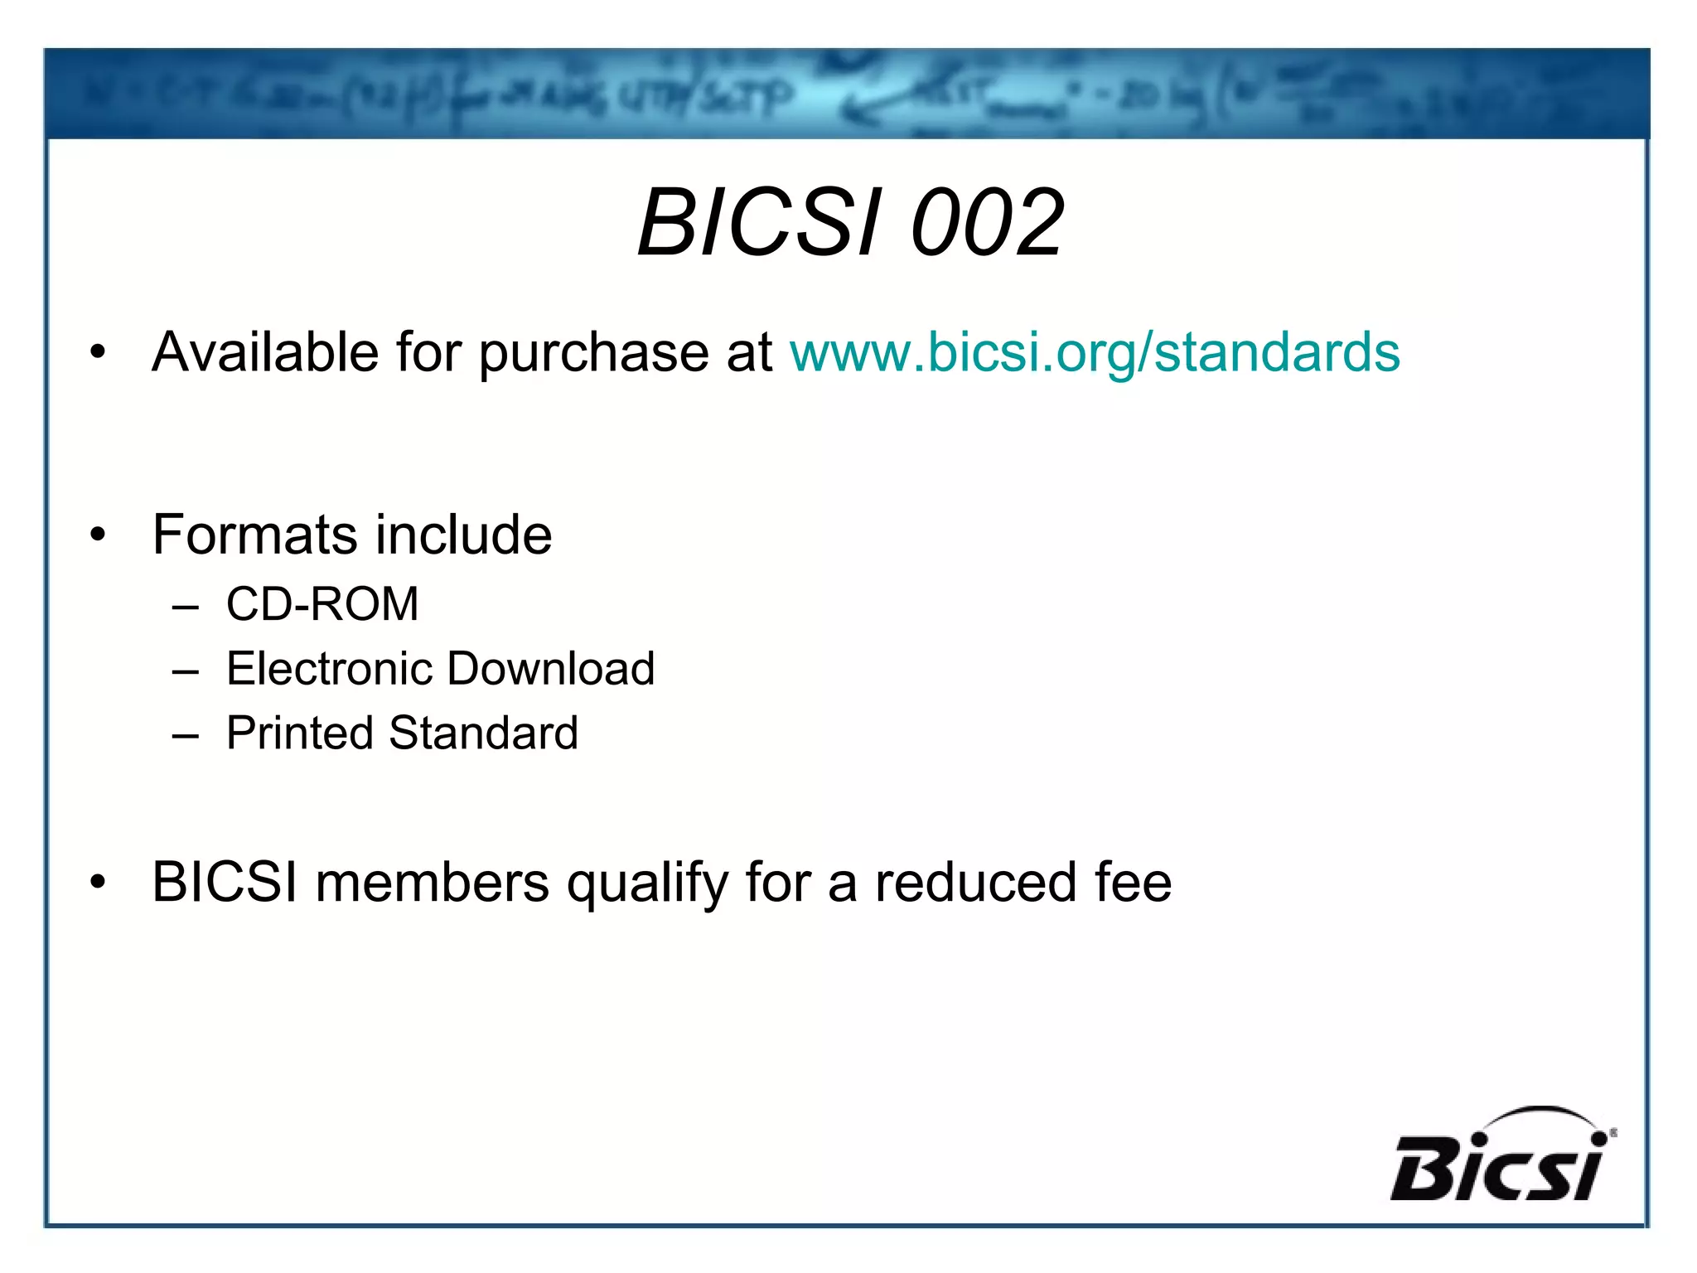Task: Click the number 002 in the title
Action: point(986,222)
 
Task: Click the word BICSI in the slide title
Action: point(759,222)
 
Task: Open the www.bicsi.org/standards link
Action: point(1095,352)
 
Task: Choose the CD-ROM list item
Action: point(322,603)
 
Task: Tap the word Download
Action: point(551,668)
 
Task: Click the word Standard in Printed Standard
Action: point(483,733)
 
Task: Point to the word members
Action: point(432,882)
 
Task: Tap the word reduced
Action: point(975,882)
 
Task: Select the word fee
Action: point(1133,882)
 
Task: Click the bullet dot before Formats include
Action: point(99,535)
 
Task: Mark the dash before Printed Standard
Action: point(186,735)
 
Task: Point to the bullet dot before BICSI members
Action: point(99,883)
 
